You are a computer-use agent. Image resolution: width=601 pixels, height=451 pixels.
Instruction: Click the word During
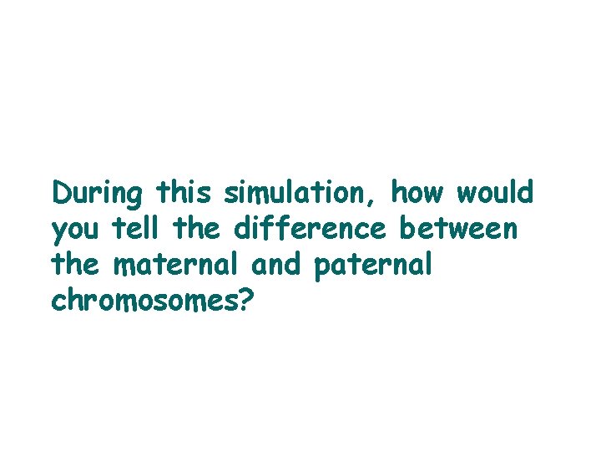tap(98, 194)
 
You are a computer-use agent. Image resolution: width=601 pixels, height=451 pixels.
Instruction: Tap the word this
tap(186, 194)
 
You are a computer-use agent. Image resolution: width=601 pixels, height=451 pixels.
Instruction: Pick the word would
tap(495, 194)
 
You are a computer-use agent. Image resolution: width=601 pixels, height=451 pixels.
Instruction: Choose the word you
tap(75, 231)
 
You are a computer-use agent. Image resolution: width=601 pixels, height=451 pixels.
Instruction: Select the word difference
tap(312, 229)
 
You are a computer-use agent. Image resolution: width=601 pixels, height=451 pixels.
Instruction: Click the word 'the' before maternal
tap(75, 265)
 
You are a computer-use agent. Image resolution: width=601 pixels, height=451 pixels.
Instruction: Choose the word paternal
tap(374, 266)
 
